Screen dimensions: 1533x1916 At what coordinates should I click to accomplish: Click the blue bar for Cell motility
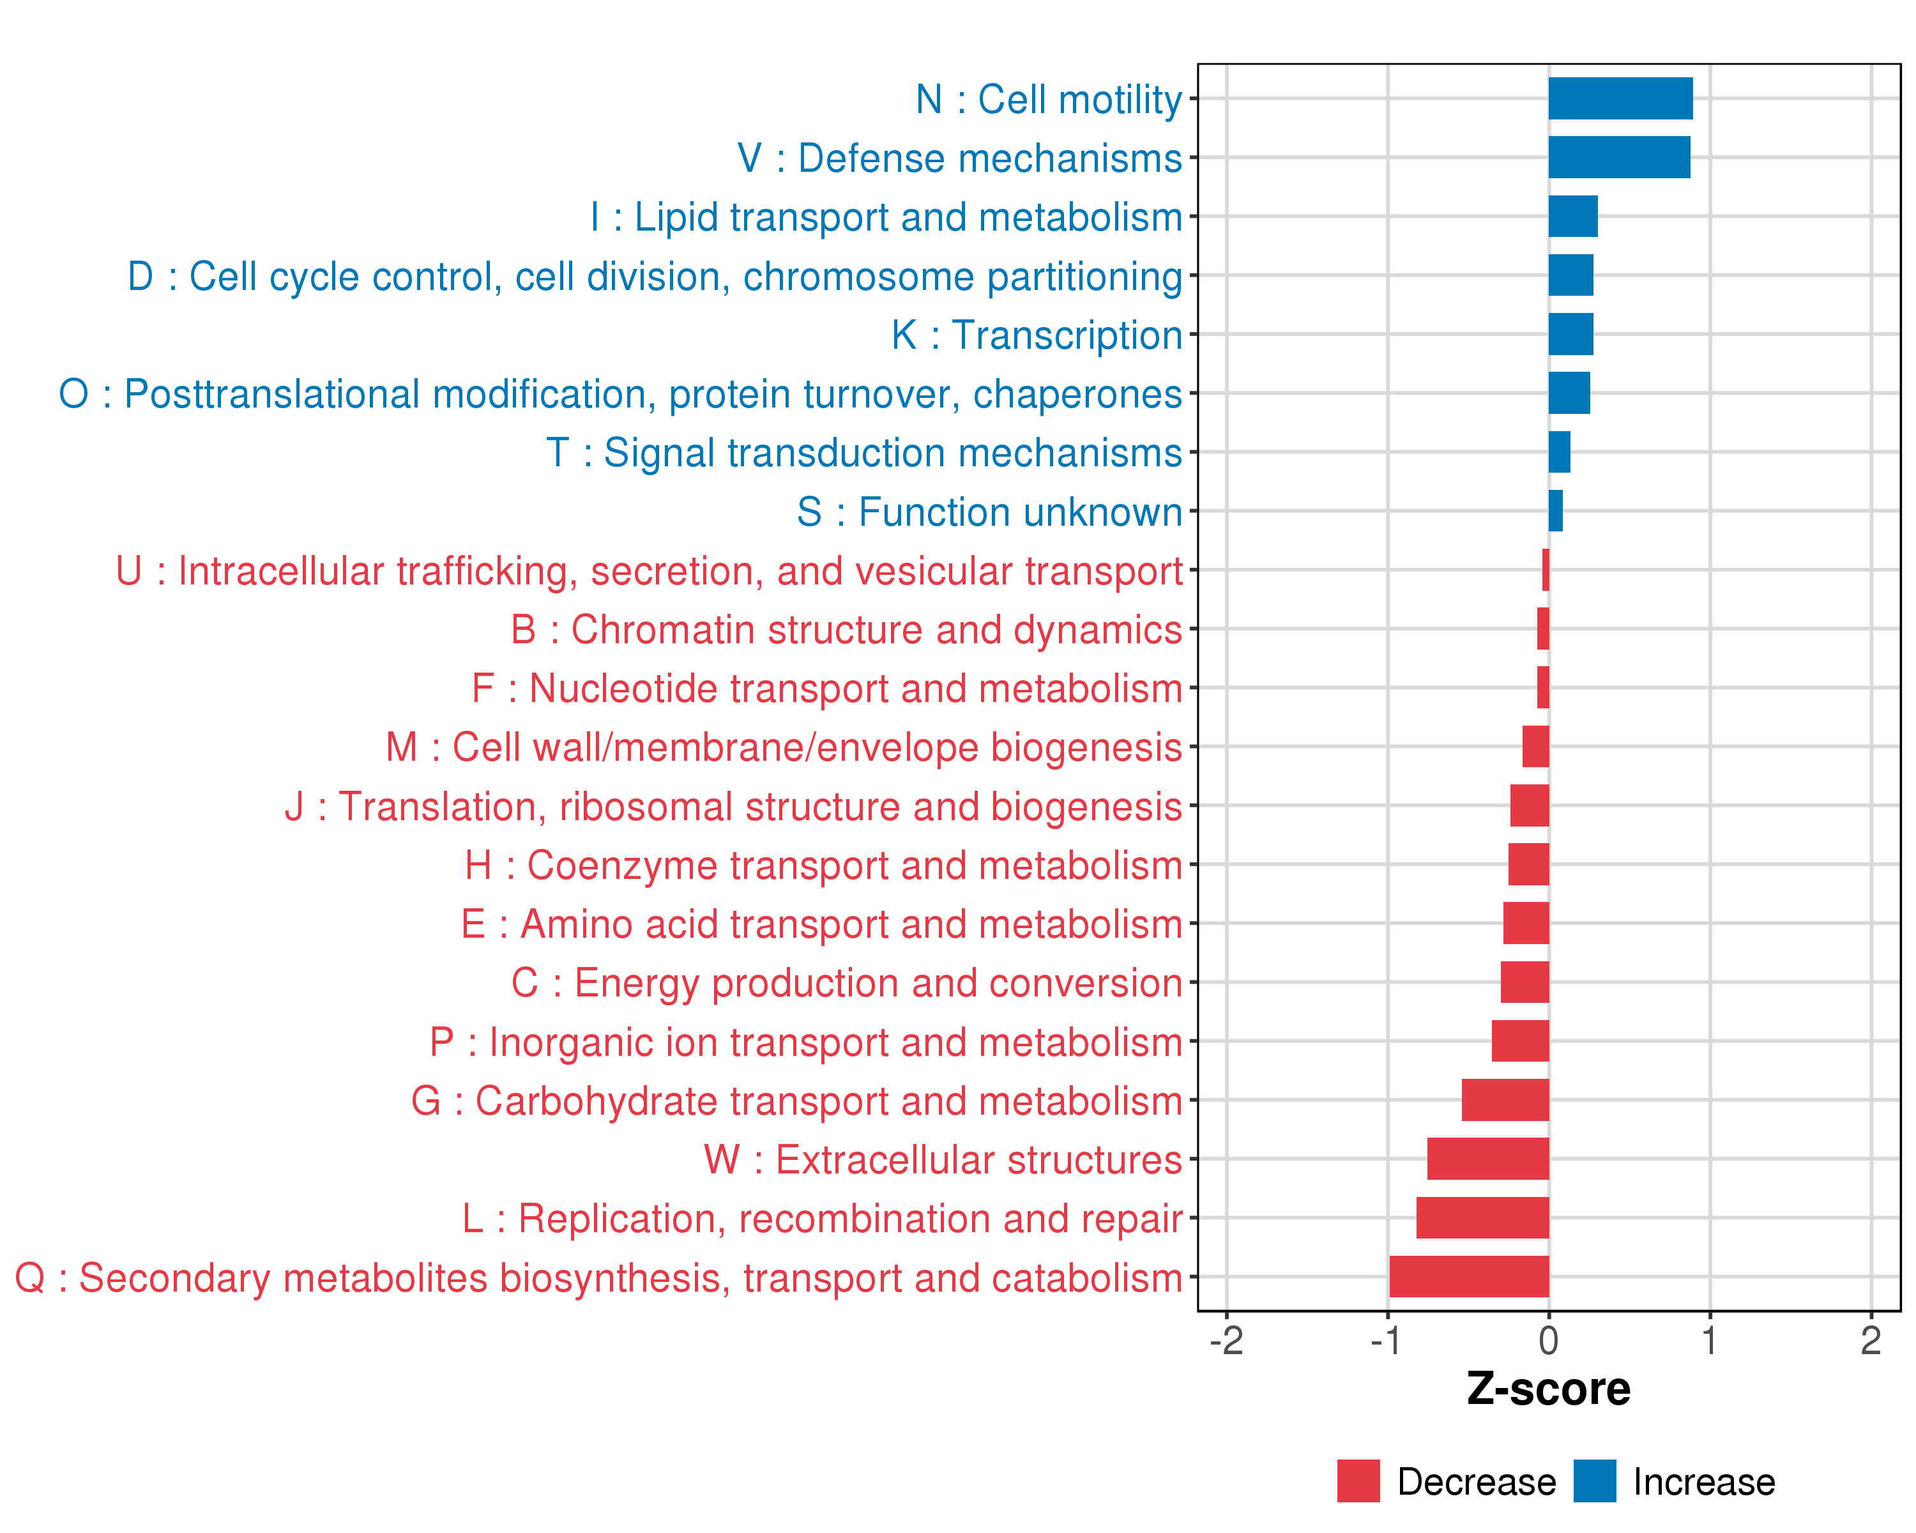(x=1620, y=98)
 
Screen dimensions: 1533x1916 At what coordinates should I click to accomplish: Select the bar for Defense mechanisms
(x=1619, y=157)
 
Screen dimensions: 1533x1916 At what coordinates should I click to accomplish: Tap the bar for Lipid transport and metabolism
(x=1573, y=217)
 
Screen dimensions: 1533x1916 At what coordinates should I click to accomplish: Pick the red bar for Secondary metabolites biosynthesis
(x=1469, y=1277)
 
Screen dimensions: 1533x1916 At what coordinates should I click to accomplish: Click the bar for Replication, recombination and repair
(x=1482, y=1217)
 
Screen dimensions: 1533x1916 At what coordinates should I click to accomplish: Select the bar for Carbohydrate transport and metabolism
(x=1505, y=1100)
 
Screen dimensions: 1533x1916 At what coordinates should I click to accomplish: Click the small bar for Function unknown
(x=1555, y=511)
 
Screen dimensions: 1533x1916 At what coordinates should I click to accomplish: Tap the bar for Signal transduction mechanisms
(x=1560, y=452)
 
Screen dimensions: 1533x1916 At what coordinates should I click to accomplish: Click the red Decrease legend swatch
(x=1358, y=1481)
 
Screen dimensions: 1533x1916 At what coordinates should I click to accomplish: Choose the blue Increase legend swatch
(x=1594, y=1481)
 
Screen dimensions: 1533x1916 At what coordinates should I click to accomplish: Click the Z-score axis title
(x=1548, y=1389)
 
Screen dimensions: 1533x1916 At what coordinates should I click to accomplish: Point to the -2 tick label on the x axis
(x=1226, y=1341)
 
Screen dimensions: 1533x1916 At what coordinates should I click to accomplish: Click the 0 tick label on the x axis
(x=1549, y=1341)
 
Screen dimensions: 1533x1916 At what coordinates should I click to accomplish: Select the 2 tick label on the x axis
(x=1871, y=1341)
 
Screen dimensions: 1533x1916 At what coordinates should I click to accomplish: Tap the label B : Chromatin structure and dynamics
(x=846, y=630)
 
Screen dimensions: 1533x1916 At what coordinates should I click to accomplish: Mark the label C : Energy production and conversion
(x=846, y=984)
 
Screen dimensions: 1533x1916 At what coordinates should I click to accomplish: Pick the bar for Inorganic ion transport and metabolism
(x=1521, y=1041)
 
